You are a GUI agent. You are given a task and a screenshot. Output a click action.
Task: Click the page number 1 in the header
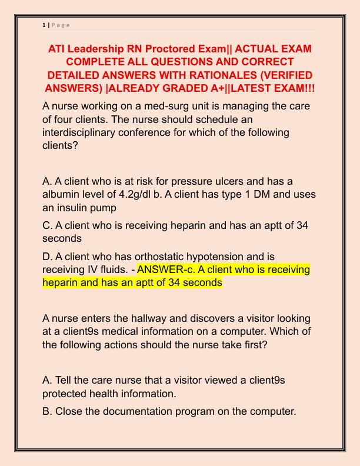click(45, 24)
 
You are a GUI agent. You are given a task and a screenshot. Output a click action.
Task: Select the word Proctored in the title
click(176, 48)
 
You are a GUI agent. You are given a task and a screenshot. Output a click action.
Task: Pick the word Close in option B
click(69, 411)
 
